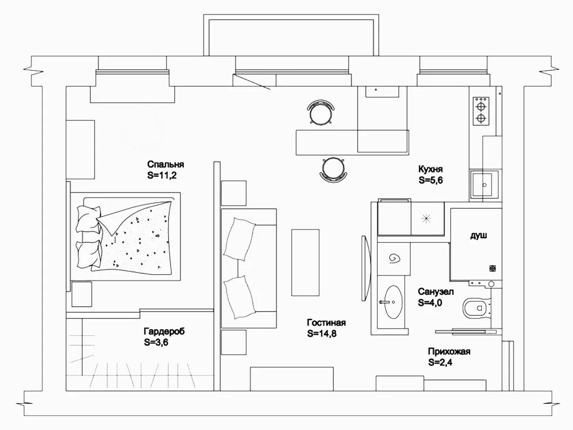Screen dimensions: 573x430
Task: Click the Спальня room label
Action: (x=166, y=164)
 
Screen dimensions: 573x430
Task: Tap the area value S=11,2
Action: (x=162, y=175)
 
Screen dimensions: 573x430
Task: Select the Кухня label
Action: (x=431, y=169)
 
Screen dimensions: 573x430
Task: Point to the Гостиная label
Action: (x=326, y=322)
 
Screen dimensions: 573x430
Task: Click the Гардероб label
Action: (x=164, y=331)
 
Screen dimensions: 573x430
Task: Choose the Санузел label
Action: (x=435, y=291)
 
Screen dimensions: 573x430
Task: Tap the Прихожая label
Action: (x=449, y=352)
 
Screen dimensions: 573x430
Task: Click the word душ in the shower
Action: (x=478, y=236)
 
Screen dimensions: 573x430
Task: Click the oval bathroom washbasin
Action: (x=393, y=302)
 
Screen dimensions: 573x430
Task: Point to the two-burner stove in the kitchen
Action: (x=481, y=111)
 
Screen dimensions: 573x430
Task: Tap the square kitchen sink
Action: (x=484, y=185)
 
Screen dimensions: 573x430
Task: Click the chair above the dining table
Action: (x=321, y=112)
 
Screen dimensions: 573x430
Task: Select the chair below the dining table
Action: (x=333, y=169)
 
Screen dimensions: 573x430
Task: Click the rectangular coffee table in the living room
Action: (x=305, y=263)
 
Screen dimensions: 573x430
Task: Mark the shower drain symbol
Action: (x=492, y=268)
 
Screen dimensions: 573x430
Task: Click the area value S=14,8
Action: (x=322, y=333)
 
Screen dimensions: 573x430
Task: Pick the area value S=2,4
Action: (x=440, y=362)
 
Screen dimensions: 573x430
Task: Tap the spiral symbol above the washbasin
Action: (x=394, y=258)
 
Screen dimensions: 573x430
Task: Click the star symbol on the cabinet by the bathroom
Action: (x=425, y=218)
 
